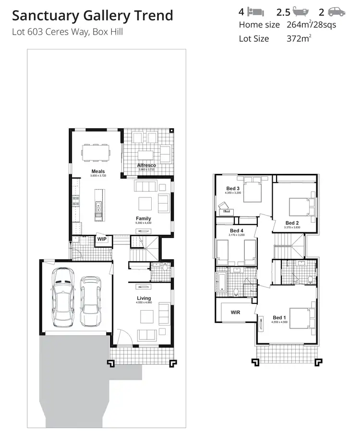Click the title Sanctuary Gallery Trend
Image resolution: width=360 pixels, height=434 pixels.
[x=92, y=15]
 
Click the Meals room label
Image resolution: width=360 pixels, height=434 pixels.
[x=98, y=171]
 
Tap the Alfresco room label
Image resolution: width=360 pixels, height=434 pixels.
[x=146, y=165]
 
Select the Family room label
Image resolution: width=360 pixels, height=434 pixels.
[x=143, y=218]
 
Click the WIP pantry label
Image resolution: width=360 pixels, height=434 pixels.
[x=102, y=239]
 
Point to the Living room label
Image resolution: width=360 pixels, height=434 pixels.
[x=144, y=298]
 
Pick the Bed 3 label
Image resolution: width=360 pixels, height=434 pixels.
[x=233, y=188]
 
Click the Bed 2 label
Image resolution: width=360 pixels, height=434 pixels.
[x=292, y=223]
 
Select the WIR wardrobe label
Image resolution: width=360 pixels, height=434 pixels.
[x=235, y=313]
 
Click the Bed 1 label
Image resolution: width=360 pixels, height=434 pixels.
[x=279, y=317]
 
